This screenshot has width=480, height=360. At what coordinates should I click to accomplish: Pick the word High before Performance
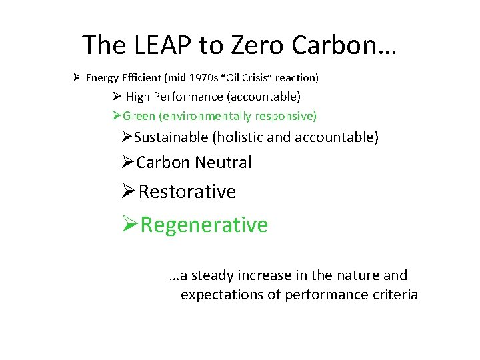click(138, 97)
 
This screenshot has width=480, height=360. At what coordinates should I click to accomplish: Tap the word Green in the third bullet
click(139, 116)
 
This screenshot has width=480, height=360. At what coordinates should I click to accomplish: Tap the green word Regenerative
click(204, 225)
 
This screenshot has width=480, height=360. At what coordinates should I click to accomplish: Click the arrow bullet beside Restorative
click(129, 192)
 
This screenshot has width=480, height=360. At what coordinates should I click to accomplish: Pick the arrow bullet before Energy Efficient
click(77, 78)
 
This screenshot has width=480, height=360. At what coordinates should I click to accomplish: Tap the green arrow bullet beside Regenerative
click(130, 225)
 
